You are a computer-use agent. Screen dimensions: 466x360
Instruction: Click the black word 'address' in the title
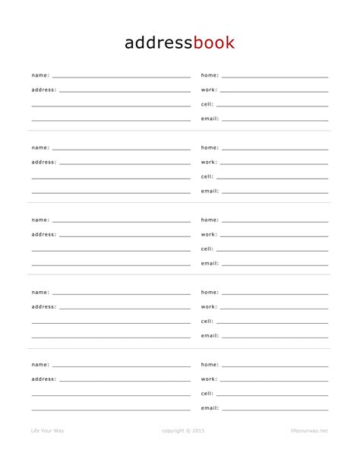pos(159,43)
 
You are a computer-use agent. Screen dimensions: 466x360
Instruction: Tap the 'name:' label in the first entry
pos(40,75)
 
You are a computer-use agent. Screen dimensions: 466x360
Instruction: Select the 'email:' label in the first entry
pos(210,119)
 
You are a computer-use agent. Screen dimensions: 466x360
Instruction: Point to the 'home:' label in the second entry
pos(210,147)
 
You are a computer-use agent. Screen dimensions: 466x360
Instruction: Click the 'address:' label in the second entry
pos(44,162)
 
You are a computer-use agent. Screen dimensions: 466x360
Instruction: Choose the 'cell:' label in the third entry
pos(207,249)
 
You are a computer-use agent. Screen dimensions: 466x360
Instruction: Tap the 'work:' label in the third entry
pos(209,234)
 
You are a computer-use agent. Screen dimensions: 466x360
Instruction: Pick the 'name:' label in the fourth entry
pos(40,292)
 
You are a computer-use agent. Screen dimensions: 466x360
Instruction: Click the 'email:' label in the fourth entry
pos(210,335)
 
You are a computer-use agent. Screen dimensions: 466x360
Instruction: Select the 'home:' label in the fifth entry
pos(210,364)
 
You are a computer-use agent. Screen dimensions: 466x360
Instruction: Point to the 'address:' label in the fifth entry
pos(44,379)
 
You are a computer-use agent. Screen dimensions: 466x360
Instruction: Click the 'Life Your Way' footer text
pos(47,431)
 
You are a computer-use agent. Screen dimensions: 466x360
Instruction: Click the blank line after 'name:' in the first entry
pos(122,77)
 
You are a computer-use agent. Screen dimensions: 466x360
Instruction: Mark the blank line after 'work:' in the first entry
pos(274,91)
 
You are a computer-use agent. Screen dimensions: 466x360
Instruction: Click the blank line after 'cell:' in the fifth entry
pos(273,395)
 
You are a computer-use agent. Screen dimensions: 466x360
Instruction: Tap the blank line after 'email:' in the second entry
pos(275,192)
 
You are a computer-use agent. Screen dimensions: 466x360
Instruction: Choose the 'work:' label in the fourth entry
pos(209,306)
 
